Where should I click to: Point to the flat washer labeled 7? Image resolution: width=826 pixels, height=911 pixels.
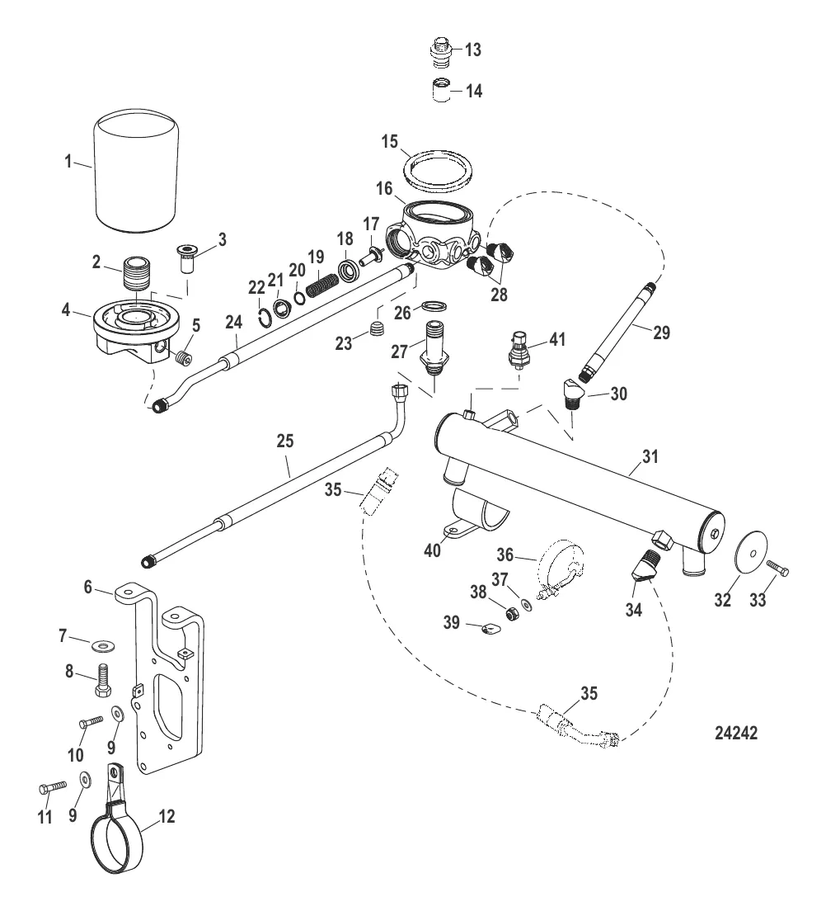tap(107, 640)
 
